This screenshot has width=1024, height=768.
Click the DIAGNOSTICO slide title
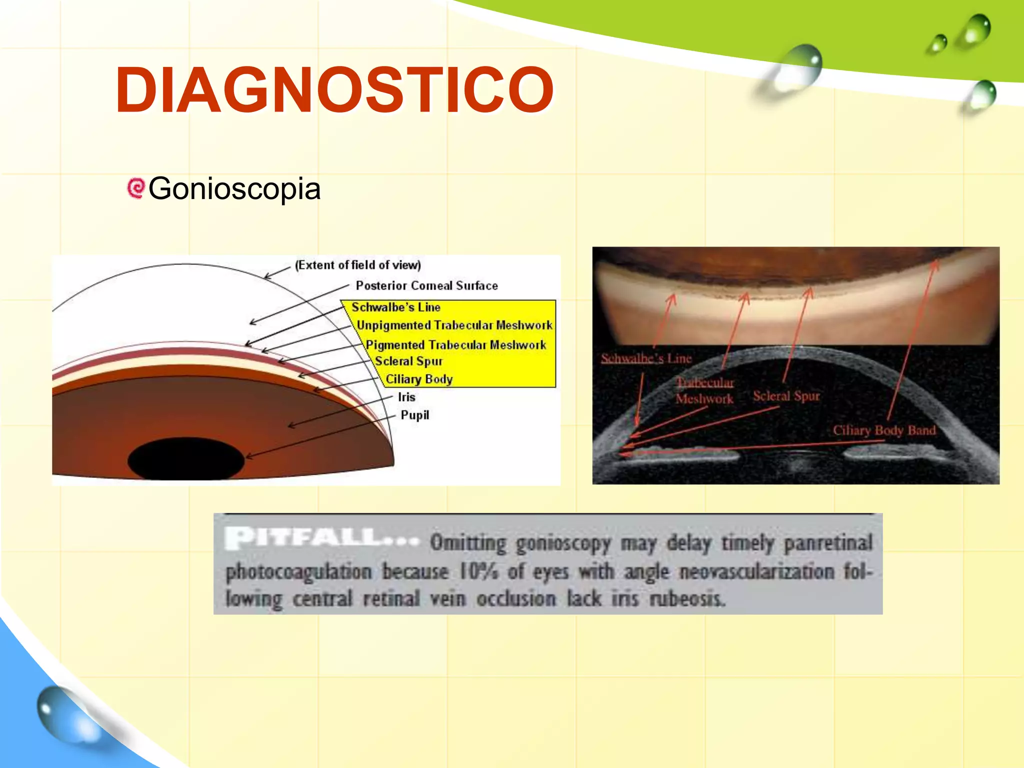coord(334,90)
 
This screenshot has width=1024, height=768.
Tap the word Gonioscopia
coord(234,189)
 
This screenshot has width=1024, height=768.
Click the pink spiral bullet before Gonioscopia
coord(135,188)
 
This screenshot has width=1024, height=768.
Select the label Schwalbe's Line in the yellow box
coord(395,307)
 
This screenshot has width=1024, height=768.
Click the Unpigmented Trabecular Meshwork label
coord(454,325)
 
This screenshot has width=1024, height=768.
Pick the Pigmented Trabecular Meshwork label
coord(455,345)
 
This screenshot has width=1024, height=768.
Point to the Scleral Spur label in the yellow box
coord(408,361)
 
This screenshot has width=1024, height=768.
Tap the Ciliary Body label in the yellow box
coord(418,379)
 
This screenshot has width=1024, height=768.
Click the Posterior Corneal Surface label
coord(426,285)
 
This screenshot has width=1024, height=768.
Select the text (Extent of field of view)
coord(358,265)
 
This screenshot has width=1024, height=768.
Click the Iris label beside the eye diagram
coord(406,397)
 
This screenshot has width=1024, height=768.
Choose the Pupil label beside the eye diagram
coord(414,415)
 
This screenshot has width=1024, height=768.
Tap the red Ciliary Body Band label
coord(883,430)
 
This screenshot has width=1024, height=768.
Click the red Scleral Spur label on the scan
coord(786,396)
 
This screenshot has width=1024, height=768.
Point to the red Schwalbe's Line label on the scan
coord(646,358)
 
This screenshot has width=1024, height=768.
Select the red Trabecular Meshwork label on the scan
coord(704,390)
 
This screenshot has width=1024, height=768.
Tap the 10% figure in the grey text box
coord(478,571)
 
